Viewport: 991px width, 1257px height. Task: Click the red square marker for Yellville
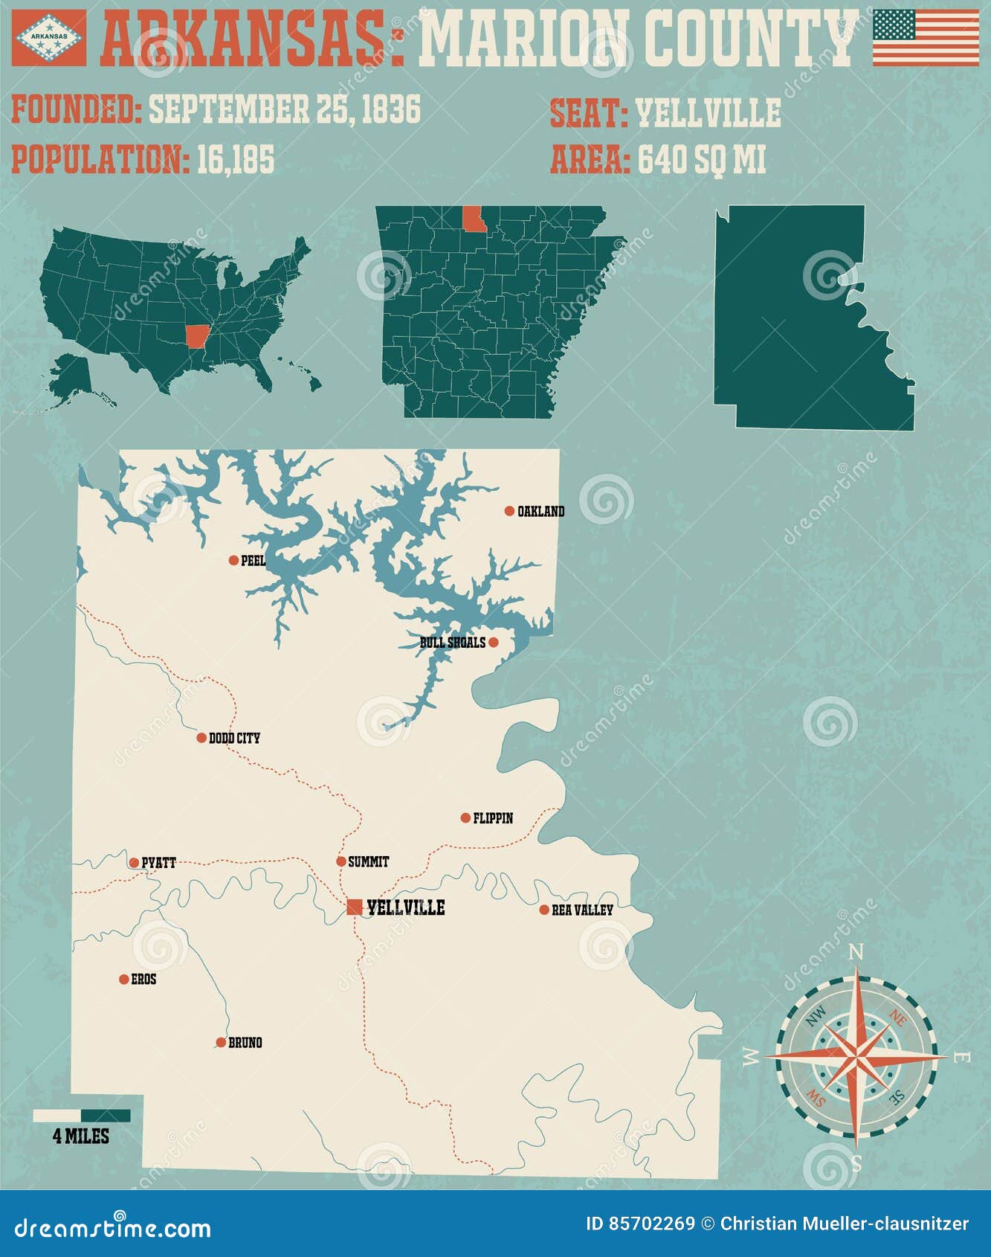click(355, 907)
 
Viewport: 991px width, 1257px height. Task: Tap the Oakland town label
click(540, 512)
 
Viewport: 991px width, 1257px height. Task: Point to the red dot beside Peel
click(233, 560)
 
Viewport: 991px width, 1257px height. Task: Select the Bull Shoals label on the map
click(452, 642)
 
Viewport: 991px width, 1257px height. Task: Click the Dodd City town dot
click(201, 738)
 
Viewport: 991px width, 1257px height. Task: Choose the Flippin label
click(493, 818)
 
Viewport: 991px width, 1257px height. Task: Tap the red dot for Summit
click(341, 862)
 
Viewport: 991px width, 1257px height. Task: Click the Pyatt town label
click(158, 863)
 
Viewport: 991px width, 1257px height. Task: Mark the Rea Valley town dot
click(544, 910)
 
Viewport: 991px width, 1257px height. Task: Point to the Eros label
click(143, 980)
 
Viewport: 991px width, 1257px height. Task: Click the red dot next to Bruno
click(221, 1043)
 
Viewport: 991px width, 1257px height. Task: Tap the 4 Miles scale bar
click(82, 1116)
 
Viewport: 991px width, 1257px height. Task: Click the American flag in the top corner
click(926, 37)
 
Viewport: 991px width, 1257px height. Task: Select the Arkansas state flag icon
click(49, 36)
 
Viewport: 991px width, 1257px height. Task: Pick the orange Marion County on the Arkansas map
click(473, 219)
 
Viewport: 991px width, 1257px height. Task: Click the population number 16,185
click(236, 159)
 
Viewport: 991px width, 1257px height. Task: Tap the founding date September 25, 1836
click(285, 109)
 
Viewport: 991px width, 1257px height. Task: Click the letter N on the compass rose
click(856, 953)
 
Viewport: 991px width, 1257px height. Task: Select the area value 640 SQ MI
click(702, 159)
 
